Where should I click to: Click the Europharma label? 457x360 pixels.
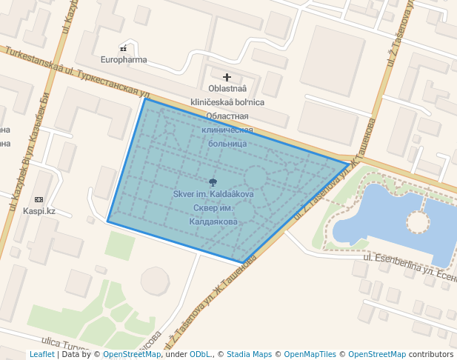point(124,60)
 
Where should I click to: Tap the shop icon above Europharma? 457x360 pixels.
point(124,49)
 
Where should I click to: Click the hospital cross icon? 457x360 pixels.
point(227,77)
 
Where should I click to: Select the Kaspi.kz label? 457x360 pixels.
point(39,211)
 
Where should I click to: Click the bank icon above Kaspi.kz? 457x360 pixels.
point(39,200)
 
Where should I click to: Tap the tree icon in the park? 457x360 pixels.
point(213,182)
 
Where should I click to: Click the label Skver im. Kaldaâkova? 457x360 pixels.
point(213,194)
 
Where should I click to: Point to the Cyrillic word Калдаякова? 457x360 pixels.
point(213,221)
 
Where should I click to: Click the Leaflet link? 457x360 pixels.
point(41,354)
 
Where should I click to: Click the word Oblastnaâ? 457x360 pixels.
point(227,90)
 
